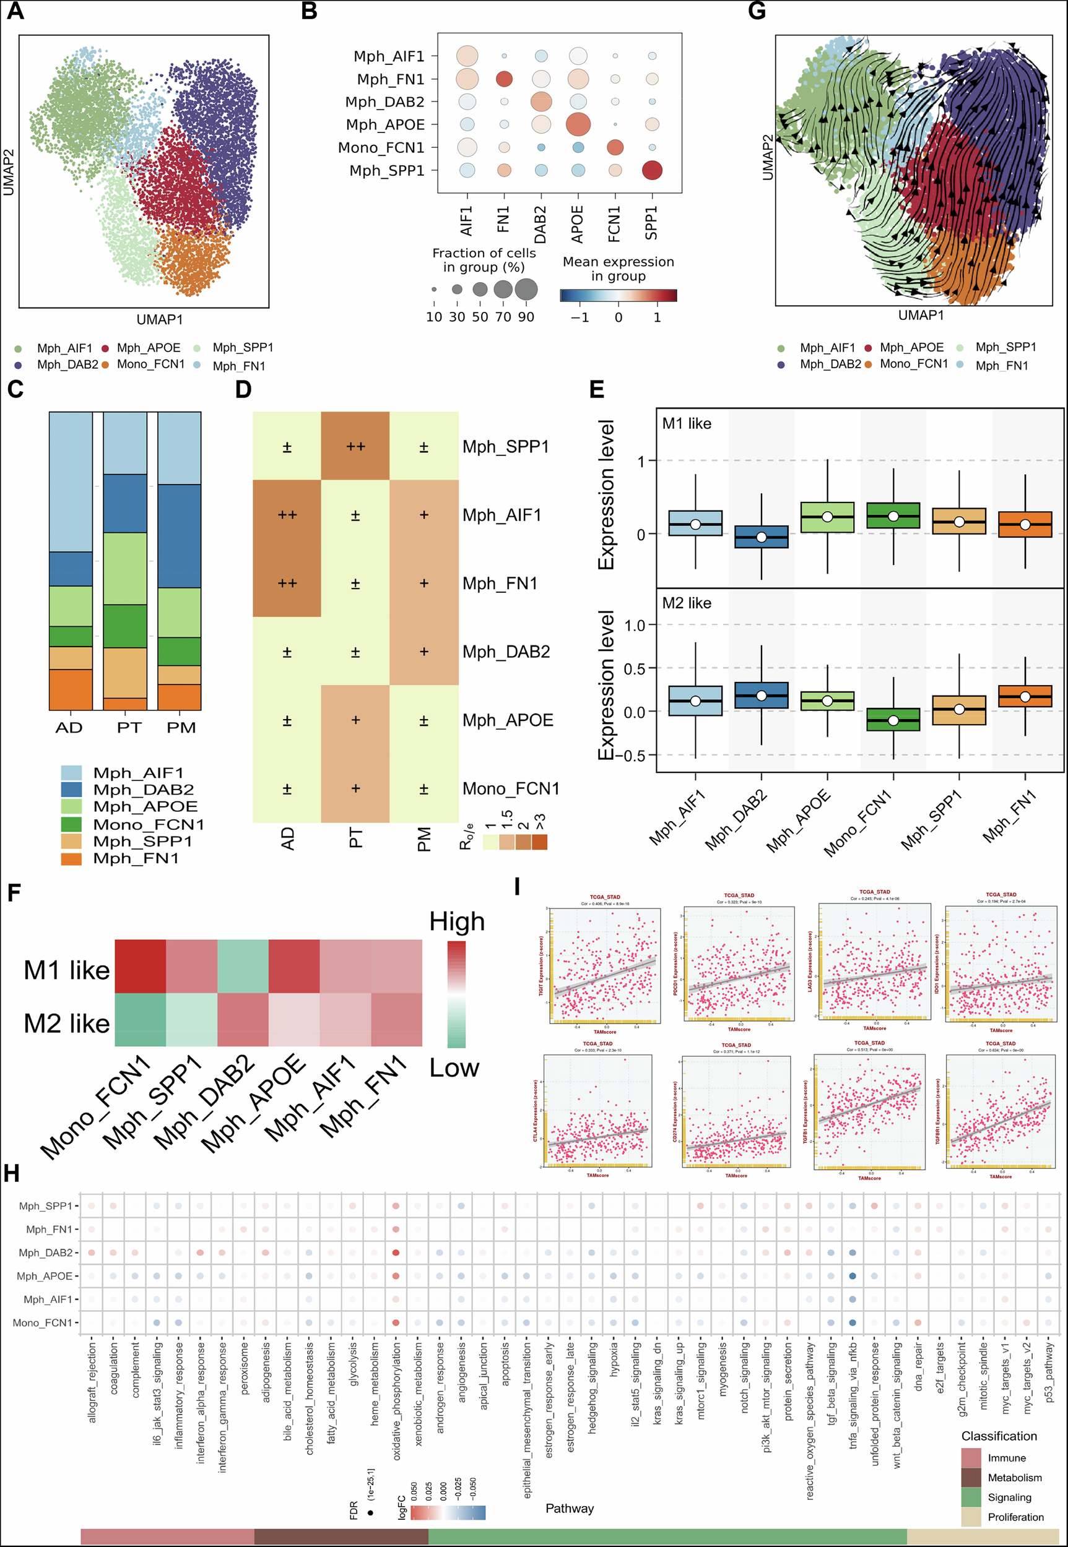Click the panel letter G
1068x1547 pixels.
(x=756, y=11)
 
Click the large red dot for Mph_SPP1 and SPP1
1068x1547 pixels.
(x=652, y=171)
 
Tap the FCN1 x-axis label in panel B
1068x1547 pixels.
(x=614, y=223)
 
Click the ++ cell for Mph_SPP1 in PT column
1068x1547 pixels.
(x=355, y=446)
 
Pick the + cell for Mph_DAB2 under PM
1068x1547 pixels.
(x=423, y=652)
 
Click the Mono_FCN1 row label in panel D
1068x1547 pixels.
(x=511, y=788)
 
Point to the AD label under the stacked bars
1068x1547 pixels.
(x=69, y=728)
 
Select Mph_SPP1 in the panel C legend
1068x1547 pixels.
(x=142, y=842)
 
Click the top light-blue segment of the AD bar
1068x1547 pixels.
(x=71, y=481)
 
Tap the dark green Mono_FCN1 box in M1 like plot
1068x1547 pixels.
(x=893, y=515)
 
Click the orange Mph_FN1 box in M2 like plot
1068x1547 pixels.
(x=1025, y=696)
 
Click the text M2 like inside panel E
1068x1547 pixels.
(x=687, y=603)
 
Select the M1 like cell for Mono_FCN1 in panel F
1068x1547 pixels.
(x=141, y=967)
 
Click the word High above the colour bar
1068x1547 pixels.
(x=457, y=921)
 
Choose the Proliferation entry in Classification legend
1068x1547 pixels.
(x=1015, y=1517)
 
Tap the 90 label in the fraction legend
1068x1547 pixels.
(x=526, y=317)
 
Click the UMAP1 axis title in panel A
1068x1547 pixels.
(x=159, y=320)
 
